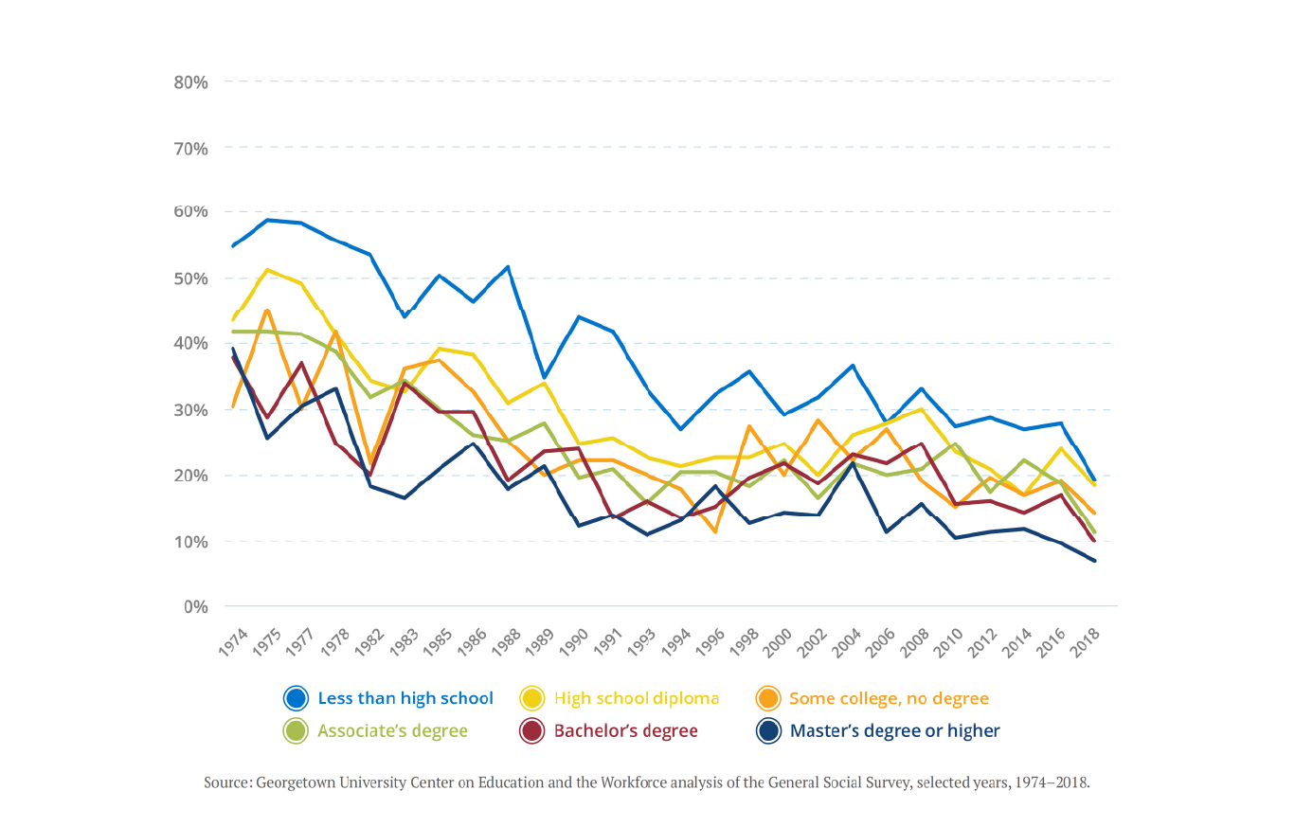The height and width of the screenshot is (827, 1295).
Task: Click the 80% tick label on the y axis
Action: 190,82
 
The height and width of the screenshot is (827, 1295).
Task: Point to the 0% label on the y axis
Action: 195,606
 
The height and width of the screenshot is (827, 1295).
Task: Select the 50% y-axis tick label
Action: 190,279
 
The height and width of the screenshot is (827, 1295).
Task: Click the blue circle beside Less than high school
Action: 297,698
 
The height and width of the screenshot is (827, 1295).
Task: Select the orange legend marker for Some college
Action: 767,698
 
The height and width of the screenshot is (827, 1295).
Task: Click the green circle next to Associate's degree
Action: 297,730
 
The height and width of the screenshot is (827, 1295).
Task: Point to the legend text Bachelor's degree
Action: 625,730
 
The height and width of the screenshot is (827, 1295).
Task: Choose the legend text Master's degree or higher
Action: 894,730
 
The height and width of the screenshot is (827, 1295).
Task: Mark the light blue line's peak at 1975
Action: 268,220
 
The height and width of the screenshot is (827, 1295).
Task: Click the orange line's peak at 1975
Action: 268,310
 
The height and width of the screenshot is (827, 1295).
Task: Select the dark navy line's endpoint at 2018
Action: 1095,561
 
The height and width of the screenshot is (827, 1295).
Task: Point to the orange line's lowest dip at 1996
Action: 716,532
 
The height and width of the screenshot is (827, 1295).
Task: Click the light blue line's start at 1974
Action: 232,246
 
